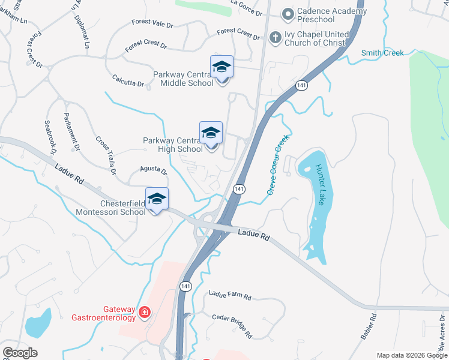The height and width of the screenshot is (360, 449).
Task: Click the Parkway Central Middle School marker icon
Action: (x=221, y=68)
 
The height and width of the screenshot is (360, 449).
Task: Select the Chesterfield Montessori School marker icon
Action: (x=157, y=200)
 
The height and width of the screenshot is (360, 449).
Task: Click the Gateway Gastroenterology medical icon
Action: (x=144, y=312)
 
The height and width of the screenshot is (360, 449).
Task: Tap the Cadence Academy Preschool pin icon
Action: (x=288, y=13)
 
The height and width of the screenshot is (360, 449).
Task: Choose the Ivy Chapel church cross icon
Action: (x=276, y=37)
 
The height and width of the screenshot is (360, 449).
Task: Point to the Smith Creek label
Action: (x=382, y=53)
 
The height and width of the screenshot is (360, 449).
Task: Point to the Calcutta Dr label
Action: (x=128, y=80)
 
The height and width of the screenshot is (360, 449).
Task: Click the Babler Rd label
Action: (x=368, y=326)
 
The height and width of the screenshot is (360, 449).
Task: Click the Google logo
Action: (x=20, y=353)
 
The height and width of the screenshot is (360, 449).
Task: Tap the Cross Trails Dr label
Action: (x=106, y=155)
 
